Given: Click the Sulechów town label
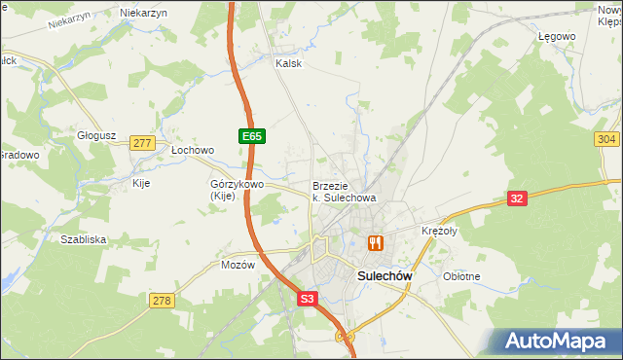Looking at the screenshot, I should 380,276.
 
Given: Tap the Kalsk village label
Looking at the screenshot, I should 288,63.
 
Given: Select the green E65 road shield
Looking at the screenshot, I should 250,137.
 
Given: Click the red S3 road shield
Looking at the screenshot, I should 308,302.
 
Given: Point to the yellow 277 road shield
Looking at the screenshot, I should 143,143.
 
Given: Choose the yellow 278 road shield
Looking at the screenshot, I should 162,301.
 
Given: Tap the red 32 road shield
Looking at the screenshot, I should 518,198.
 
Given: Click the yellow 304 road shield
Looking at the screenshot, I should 606,139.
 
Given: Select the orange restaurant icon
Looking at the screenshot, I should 375,243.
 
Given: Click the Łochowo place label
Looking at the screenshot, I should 192,151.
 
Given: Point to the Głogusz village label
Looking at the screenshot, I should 97,136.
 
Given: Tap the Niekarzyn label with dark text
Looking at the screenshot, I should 143,13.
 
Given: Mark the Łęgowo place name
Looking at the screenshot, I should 558,36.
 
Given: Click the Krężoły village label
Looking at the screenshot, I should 439,231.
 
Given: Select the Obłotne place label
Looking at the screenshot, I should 461,276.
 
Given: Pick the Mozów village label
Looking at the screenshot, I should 238,265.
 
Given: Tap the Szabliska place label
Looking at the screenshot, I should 83,238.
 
